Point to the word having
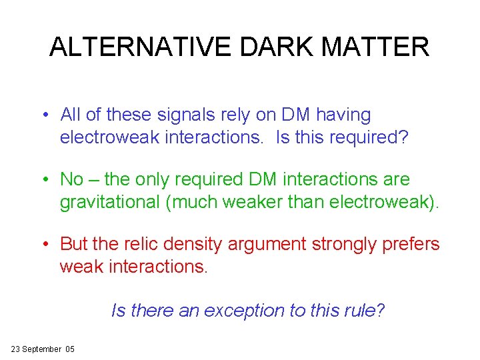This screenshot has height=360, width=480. (x=343, y=115)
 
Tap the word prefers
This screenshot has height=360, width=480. (x=409, y=245)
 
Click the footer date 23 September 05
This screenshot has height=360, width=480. (x=43, y=349)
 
